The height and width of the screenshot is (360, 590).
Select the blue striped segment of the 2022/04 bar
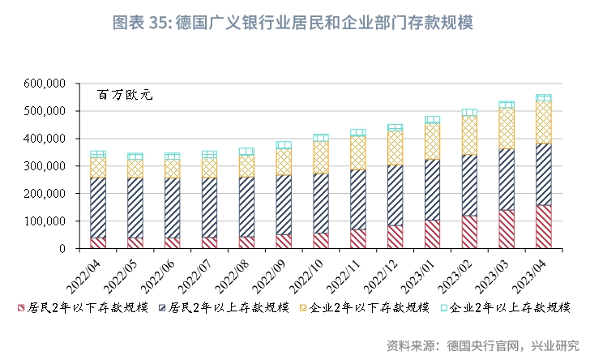(98, 208)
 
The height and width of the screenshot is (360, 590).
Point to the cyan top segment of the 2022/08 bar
(246, 152)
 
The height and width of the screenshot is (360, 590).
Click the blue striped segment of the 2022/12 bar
(395, 195)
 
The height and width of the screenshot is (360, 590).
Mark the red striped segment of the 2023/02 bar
(469, 232)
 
